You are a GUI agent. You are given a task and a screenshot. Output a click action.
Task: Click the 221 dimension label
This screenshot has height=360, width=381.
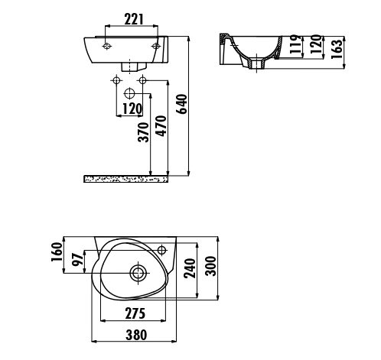click(134, 19)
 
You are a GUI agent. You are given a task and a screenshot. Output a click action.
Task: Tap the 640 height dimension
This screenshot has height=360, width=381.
click(182, 104)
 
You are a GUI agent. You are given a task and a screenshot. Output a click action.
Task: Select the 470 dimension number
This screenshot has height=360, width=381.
click(161, 126)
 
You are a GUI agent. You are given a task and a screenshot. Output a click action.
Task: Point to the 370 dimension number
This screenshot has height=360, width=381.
click(143, 132)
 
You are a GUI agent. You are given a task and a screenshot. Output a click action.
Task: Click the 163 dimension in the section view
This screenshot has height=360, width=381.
click(337, 49)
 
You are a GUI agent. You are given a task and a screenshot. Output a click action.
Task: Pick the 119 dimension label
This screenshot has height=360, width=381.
click(296, 44)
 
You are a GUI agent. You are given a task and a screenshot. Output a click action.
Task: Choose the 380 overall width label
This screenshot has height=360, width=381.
click(136, 335)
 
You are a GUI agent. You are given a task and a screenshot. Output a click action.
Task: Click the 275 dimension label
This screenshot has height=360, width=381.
click(135, 313)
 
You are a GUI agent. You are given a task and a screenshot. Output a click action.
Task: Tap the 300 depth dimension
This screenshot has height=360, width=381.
click(210, 266)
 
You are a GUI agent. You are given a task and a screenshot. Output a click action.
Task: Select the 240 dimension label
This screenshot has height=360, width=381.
click(190, 268)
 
